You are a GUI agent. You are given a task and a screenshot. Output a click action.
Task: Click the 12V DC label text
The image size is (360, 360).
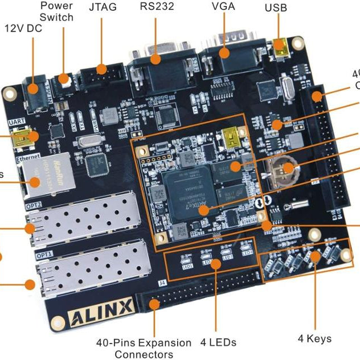tap(23, 28)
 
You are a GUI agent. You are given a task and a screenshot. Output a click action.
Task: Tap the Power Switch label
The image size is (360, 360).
tap(56, 12)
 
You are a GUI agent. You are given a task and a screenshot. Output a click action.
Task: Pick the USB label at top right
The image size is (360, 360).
tap(276, 9)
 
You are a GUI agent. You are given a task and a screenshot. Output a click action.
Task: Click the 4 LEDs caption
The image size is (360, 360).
tap(218, 342)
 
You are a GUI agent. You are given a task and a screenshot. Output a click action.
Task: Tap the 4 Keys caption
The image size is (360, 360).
tap(314, 338)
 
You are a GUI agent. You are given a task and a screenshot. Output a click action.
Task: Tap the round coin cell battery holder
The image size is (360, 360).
tap(281, 169)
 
